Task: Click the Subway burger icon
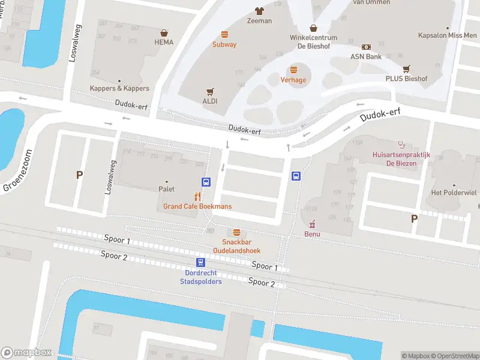click(224, 34)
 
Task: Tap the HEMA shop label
click(164, 42)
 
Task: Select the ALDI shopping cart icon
click(210, 92)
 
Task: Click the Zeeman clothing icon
click(259, 11)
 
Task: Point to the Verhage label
click(293, 80)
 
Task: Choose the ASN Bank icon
click(366, 47)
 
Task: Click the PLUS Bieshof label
click(406, 79)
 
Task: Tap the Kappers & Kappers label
click(119, 88)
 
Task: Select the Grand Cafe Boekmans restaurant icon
click(197, 196)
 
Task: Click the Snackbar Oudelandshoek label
click(237, 246)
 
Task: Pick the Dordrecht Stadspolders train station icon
click(200, 262)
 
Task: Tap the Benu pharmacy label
click(312, 234)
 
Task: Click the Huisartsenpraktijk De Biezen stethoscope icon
click(401, 145)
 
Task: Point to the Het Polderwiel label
click(454, 193)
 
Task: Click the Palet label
click(166, 189)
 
